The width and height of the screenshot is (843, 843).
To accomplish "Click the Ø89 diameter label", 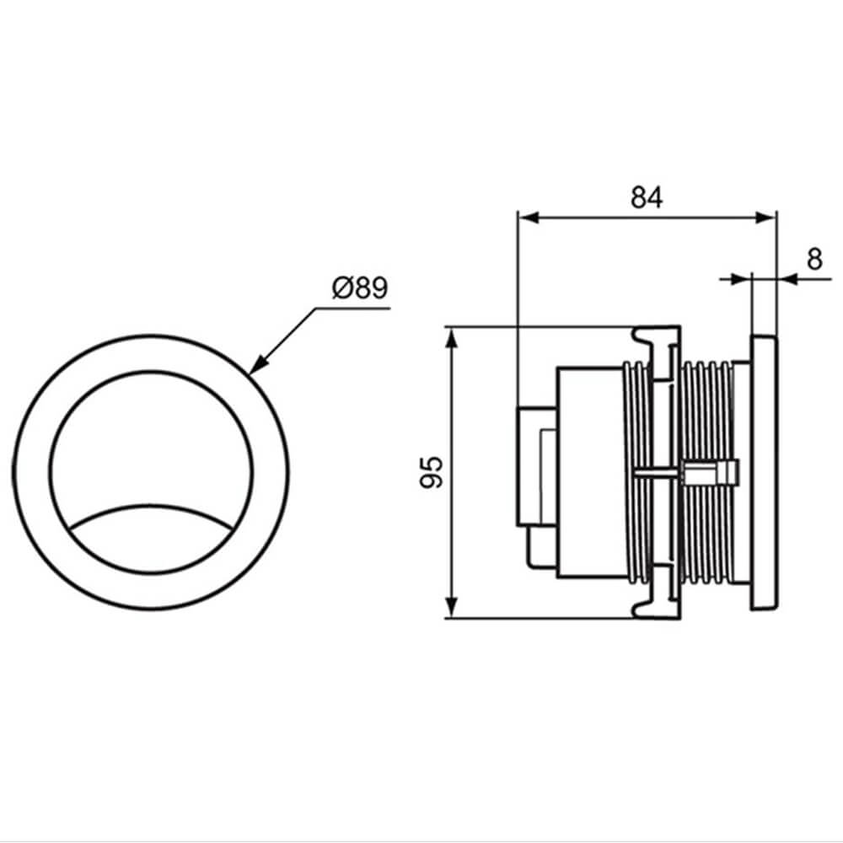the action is click(360, 288).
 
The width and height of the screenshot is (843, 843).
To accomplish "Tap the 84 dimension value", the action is click(647, 197).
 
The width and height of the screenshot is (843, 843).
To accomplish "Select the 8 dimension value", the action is click(814, 260).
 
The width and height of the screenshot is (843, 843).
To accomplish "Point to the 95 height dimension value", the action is click(431, 472).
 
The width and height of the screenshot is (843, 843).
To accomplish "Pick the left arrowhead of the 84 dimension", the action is click(528, 217).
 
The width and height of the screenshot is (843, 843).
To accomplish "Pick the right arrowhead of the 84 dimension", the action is click(766, 217).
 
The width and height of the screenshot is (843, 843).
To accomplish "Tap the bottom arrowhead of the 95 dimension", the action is click(453, 607).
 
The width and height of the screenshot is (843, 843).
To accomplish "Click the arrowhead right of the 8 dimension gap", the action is click(787, 278).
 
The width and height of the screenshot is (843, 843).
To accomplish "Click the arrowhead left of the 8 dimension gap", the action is click(741, 278).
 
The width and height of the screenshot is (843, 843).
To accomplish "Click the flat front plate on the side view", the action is click(764, 473).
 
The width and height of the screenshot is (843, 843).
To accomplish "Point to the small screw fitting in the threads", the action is click(711, 473).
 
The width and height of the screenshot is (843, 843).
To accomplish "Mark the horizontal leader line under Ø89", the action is click(352, 309).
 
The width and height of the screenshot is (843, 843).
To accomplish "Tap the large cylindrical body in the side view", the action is click(592, 473).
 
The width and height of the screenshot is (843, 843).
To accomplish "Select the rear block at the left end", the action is click(536, 466).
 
